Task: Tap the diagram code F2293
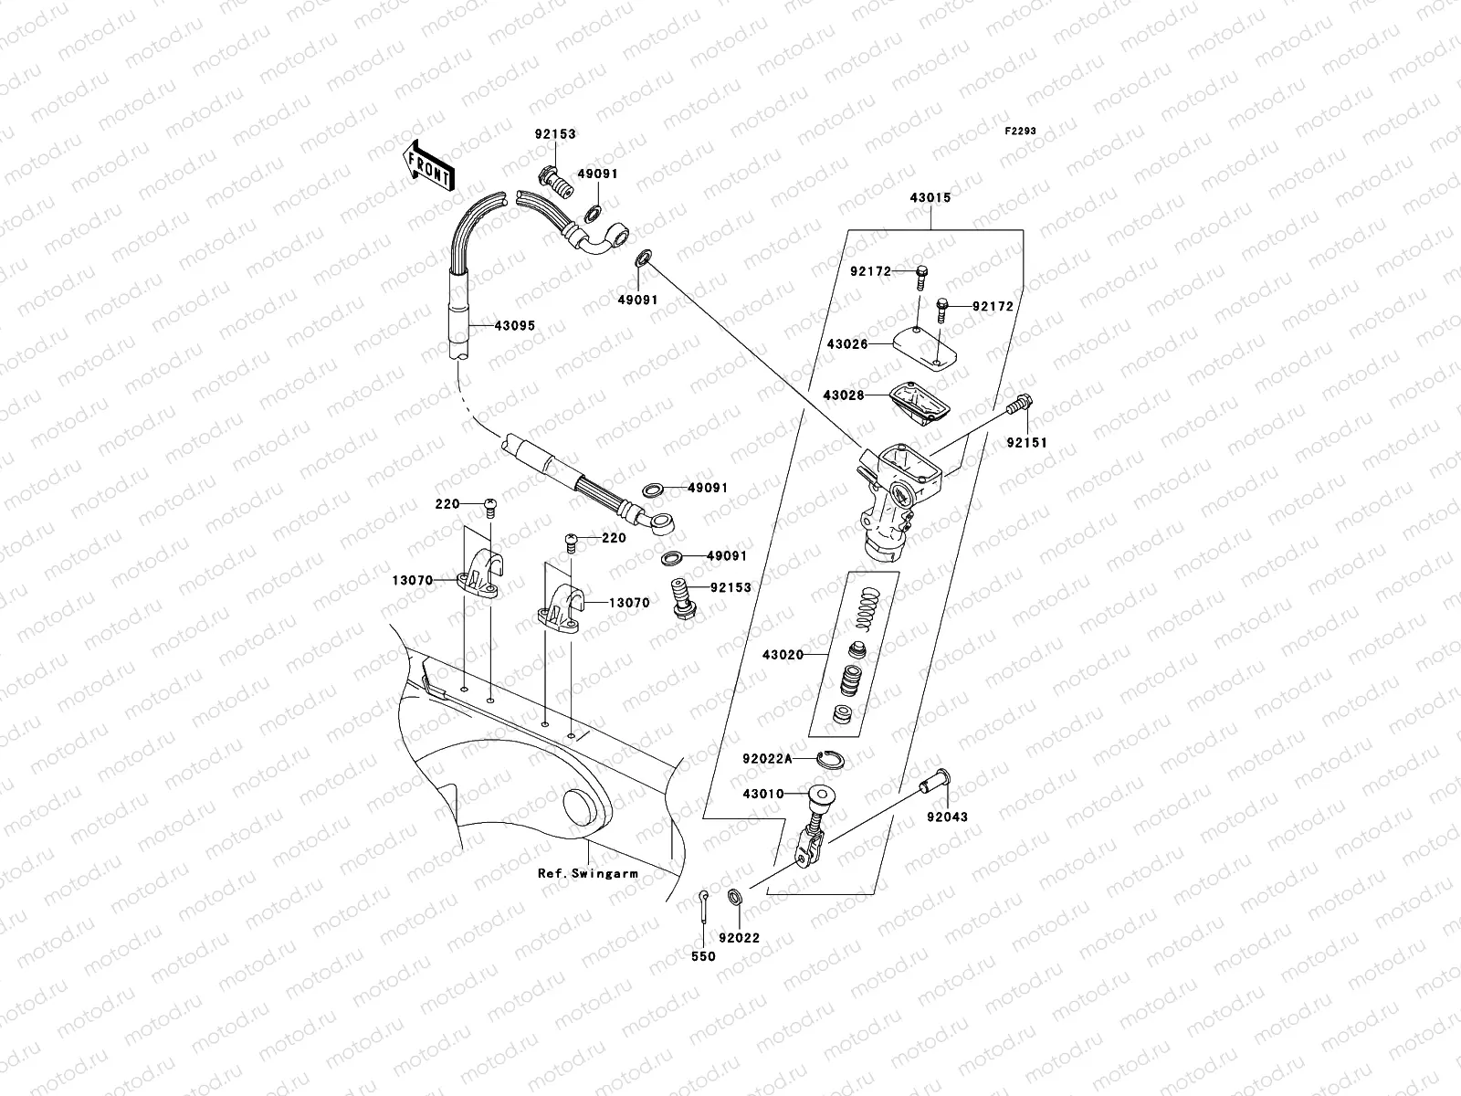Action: (x=1021, y=132)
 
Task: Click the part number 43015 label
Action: (x=930, y=197)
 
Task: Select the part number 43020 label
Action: (x=783, y=655)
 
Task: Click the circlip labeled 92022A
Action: (x=834, y=756)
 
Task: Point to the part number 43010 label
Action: (x=763, y=794)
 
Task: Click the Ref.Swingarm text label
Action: (x=587, y=873)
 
